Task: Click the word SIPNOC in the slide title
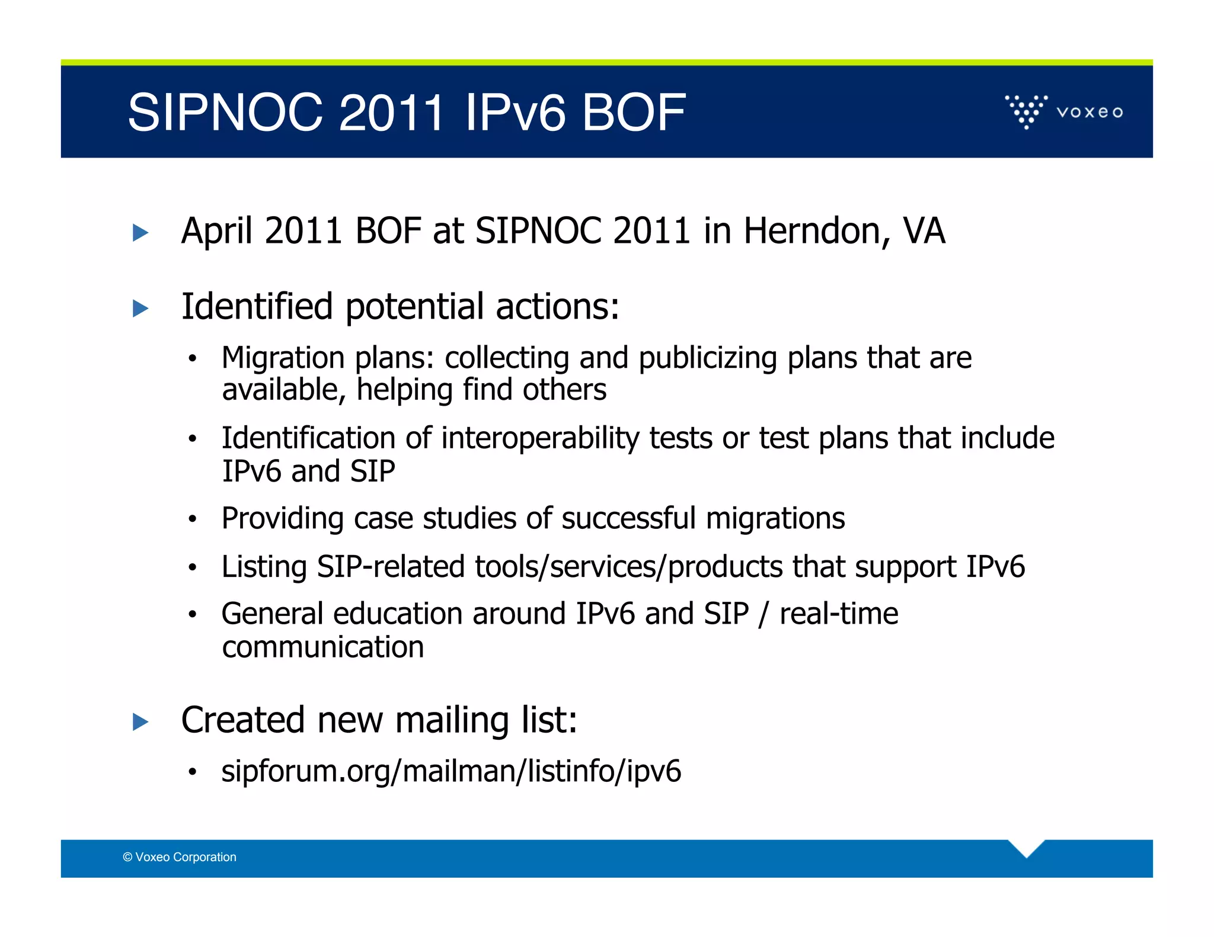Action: coord(225,113)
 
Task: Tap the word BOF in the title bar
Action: coord(633,113)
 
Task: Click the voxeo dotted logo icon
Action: coord(1026,111)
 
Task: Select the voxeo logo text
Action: coord(1090,112)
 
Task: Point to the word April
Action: coord(217,231)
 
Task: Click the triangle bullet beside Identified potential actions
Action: coord(140,309)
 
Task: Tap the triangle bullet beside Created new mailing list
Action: coord(140,722)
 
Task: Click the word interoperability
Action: coord(539,439)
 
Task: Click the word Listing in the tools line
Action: coord(264,567)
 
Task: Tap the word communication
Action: coord(323,647)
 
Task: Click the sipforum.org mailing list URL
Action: coord(451,771)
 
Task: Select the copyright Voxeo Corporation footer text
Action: coord(180,857)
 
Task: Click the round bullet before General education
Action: coord(192,615)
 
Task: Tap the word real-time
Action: coord(838,614)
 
